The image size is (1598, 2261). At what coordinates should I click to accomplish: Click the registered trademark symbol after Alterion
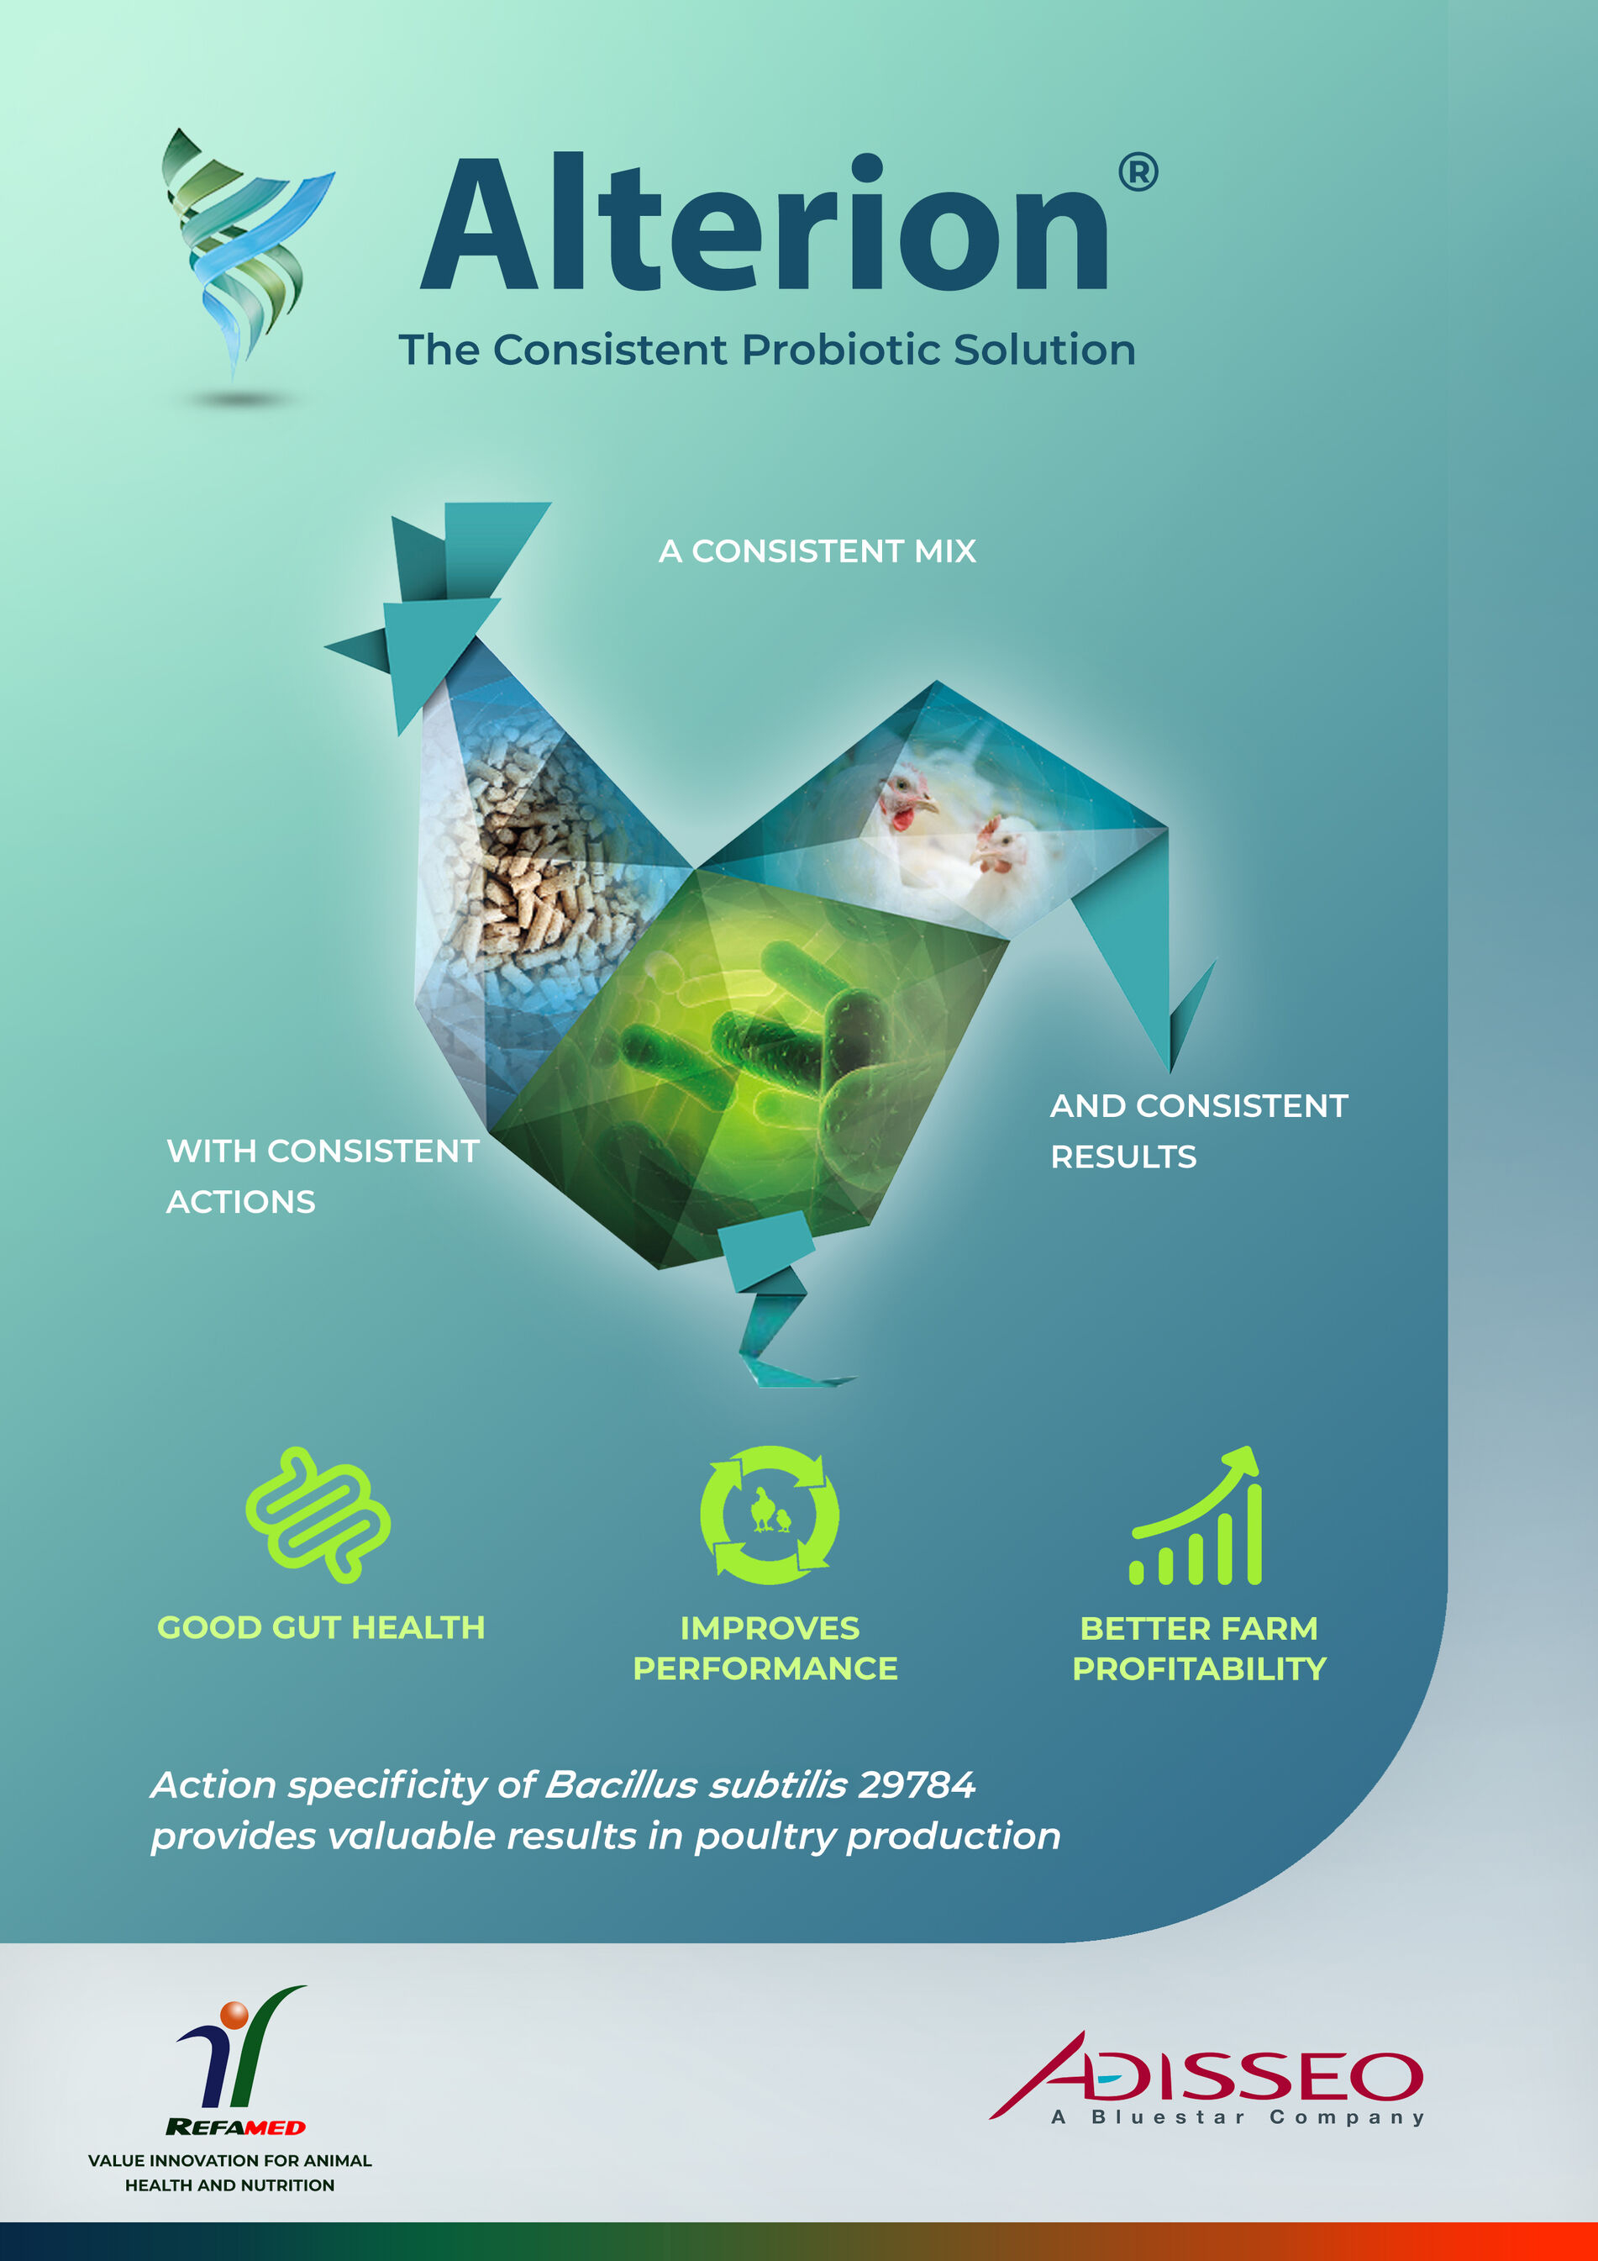[1138, 172]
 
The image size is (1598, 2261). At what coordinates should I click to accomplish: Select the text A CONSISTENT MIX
[817, 551]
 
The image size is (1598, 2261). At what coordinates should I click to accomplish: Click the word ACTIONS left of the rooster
[240, 1201]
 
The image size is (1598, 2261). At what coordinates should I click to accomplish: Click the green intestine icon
[318, 1515]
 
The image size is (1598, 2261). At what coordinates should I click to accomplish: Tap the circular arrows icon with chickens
[769, 1515]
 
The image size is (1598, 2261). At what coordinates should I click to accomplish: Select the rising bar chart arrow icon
[1196, 1515]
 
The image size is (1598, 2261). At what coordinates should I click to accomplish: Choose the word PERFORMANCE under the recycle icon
[765, 1668]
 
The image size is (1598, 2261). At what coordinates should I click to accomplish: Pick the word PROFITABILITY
[1199, 1668]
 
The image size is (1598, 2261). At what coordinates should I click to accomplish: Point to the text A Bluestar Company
[1238, 2117]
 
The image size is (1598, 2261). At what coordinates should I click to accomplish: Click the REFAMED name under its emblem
[235, 2127]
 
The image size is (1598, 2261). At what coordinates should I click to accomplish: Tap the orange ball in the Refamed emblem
[234, 2015]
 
